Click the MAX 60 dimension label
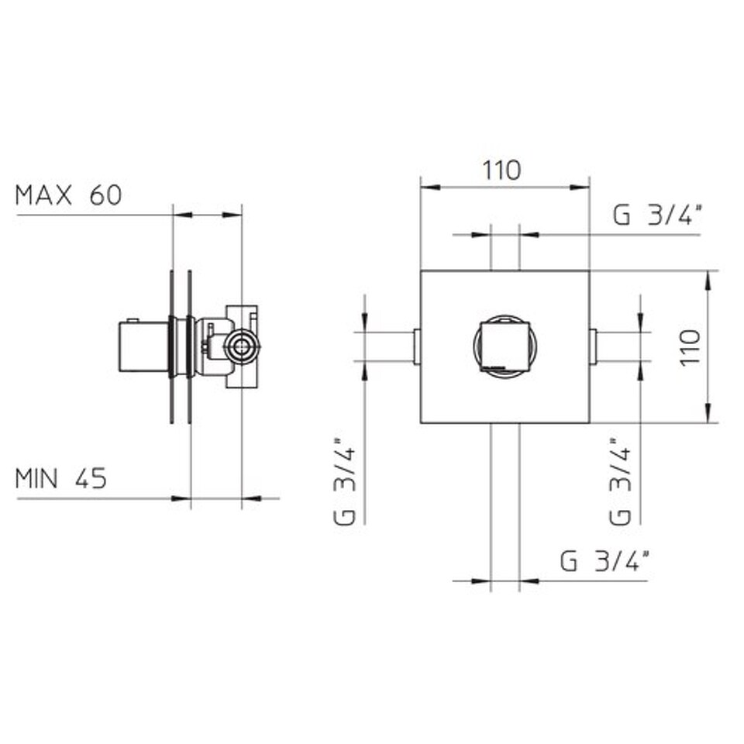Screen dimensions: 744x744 pos(69,195)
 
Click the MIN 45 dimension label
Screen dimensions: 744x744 pos(61,478)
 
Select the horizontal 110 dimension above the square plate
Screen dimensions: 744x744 pos(501,170)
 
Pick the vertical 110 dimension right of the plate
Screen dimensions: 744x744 pos(690,347)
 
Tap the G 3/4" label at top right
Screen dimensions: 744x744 pos(657,215)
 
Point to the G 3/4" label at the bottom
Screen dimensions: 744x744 pos(604,561)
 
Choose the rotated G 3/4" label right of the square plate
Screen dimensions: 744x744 pos(620,480)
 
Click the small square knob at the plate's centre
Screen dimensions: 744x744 pos(505,345)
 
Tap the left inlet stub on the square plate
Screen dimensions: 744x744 pos(417,347)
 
